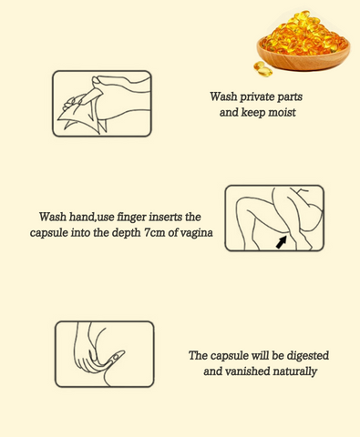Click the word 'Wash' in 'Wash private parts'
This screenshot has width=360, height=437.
[x=223, y=97]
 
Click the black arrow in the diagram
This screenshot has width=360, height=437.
[x=281, y=242]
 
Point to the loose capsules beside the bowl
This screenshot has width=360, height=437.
[x=262, y=69]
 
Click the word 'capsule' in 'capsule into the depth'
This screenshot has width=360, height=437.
[x=48, y=233]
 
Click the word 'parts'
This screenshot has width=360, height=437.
[x=291, y=97]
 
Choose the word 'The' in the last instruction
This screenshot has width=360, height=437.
[x=198, y=355]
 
